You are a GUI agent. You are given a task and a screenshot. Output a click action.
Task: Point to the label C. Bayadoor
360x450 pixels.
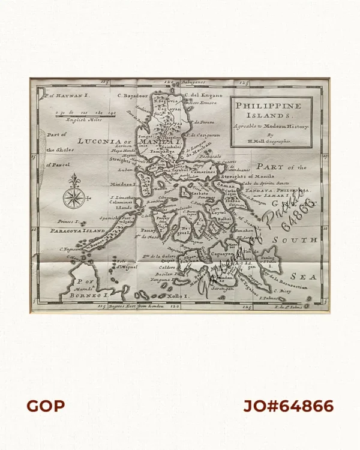[132, 95]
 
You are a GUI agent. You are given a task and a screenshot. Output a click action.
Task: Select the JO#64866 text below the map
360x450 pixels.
[288, 406]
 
